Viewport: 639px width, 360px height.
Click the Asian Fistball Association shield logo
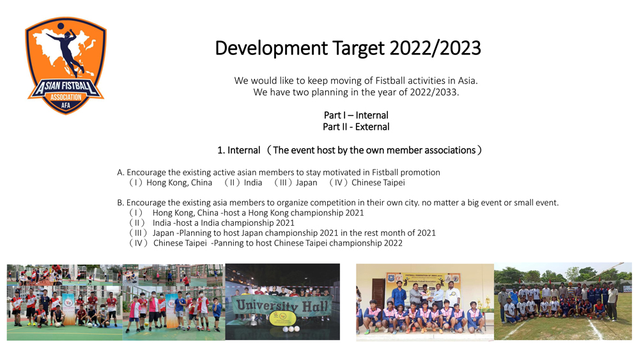tap(66, 65)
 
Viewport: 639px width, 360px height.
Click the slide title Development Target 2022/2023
tap(348, 48)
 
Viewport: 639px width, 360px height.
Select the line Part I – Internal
tap(356, 115)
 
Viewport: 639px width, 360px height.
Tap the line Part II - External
tap(356, 127)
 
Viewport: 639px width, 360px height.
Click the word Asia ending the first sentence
tap(466, 81)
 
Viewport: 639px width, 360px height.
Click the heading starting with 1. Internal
tap(350, 150)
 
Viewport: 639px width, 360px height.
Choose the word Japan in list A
tap(307, 183)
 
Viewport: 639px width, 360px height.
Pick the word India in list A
tap(252, 183)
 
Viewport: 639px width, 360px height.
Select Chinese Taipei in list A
tap(378, 183)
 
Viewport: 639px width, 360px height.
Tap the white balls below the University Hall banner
tap(291, 329)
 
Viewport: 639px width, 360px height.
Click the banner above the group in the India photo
tap(424, 279)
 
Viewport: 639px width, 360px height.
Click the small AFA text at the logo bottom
tap(66, 106)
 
